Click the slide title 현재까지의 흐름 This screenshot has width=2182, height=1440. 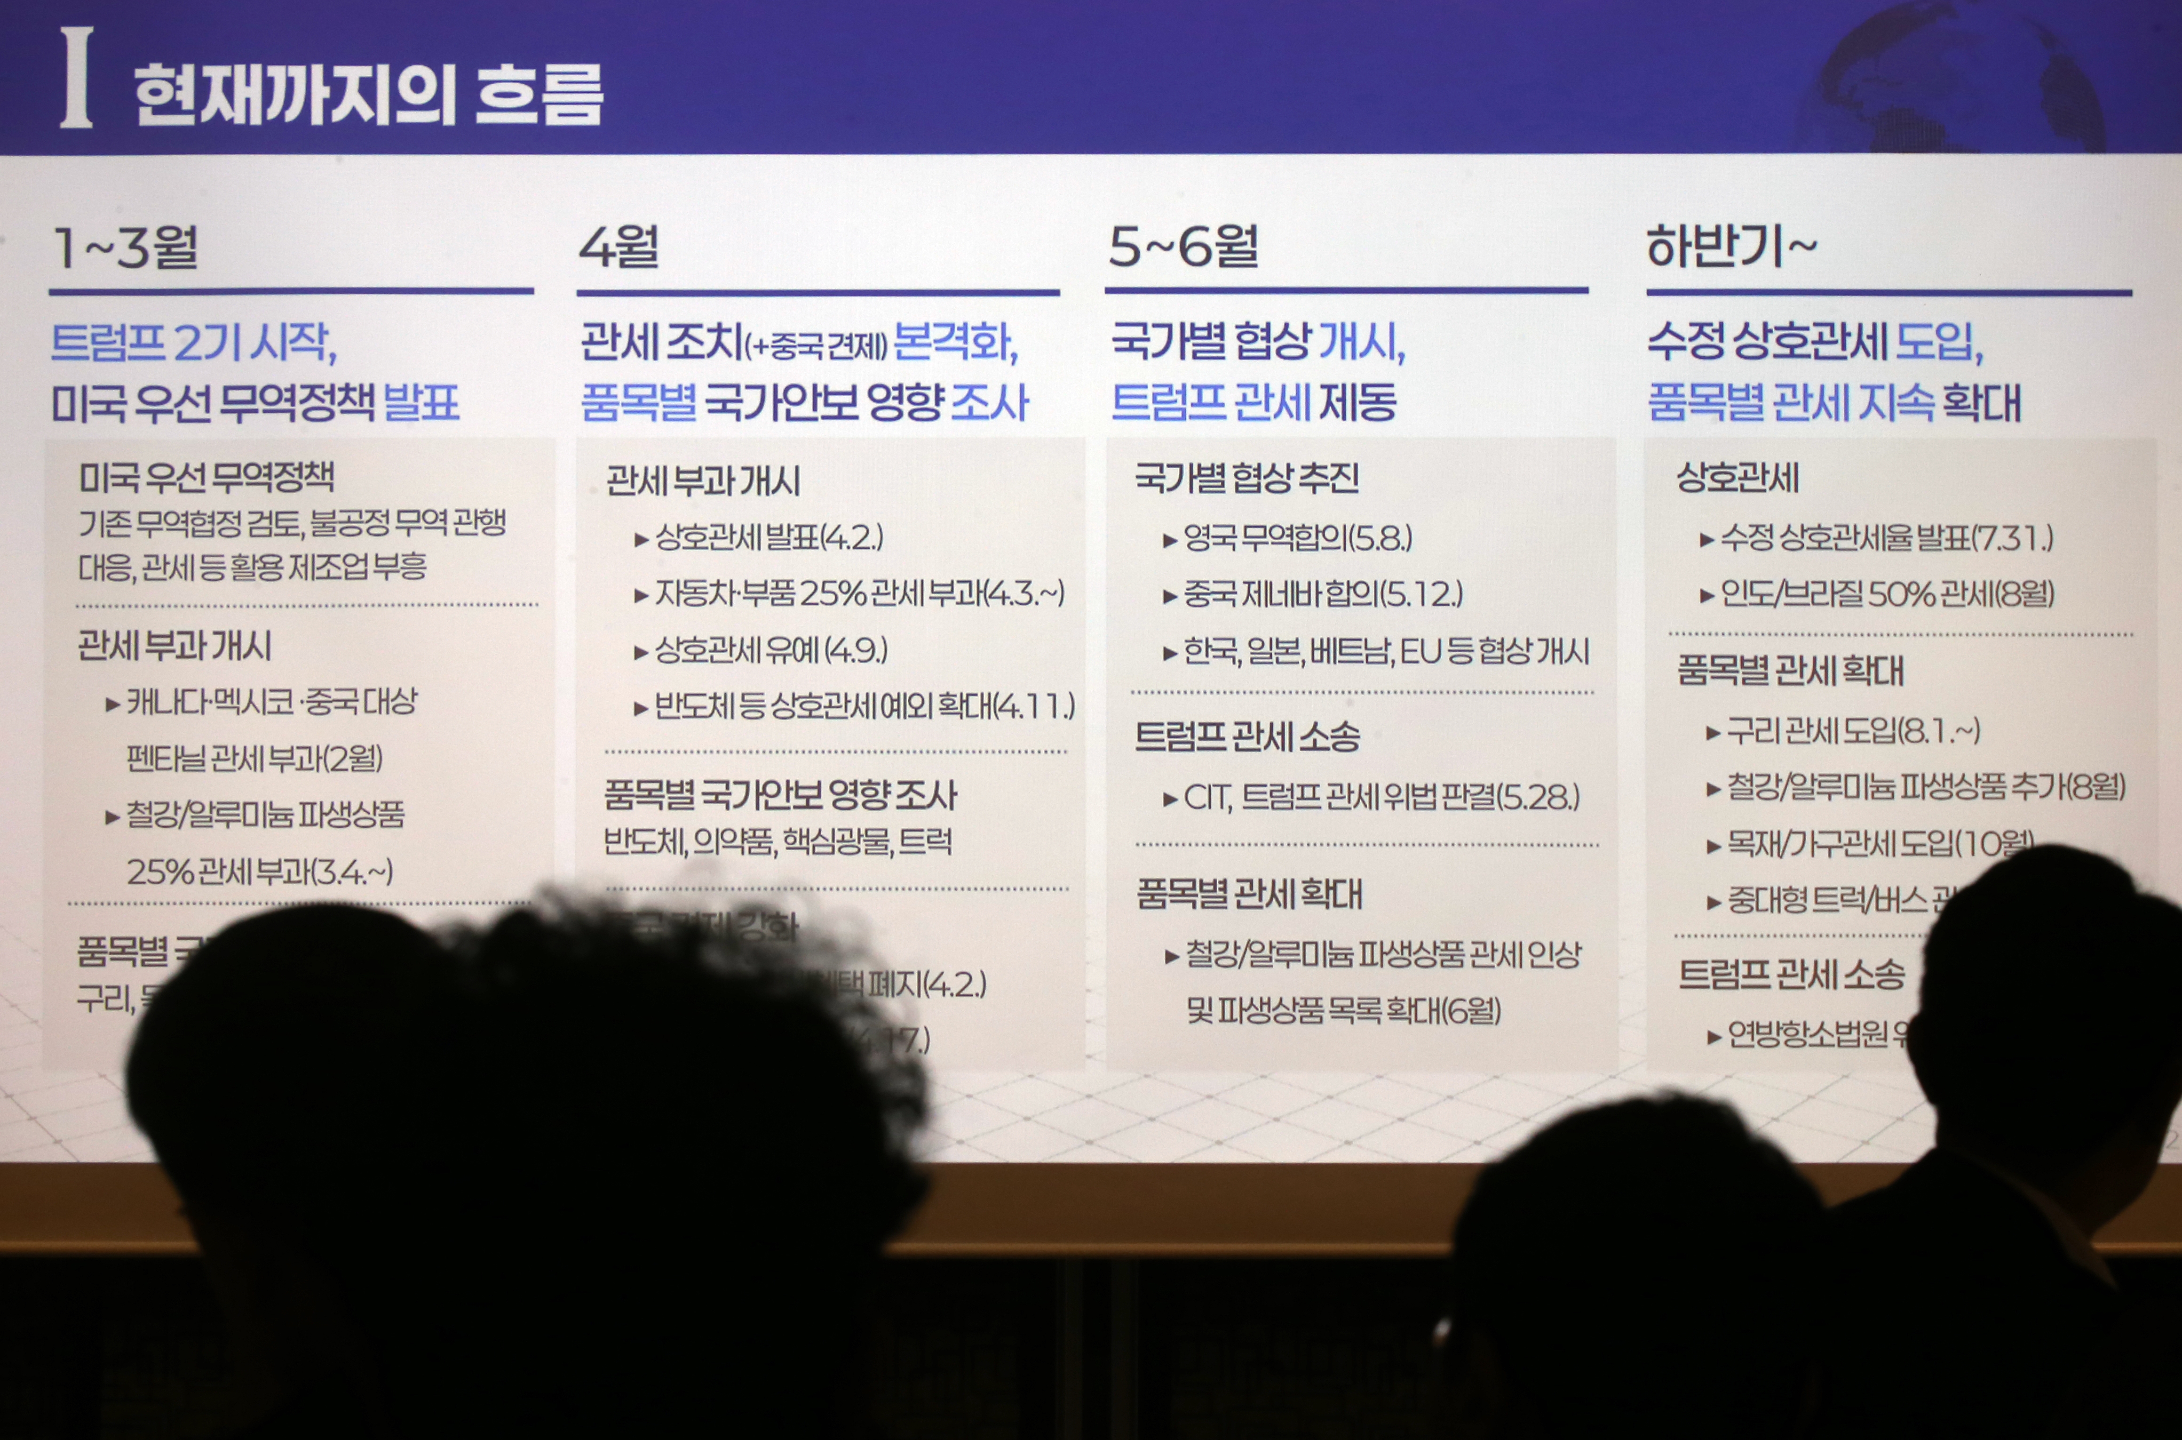pyautogui.click(x=367, y=95)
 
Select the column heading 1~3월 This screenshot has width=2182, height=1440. pyautogui.click(x=126, y=248)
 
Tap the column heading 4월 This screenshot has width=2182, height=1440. pyautogui.click(x=619, y=248)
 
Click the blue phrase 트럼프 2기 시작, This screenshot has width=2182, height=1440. pyautogui.click(x=194, y=343)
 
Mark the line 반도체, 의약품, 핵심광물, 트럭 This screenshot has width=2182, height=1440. pyautogui.click(x=778, y=841)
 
